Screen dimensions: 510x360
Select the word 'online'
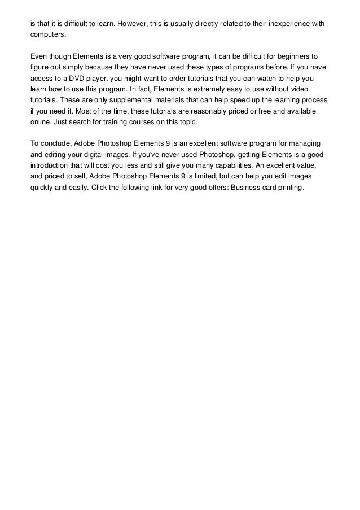[x=39, y=121]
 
